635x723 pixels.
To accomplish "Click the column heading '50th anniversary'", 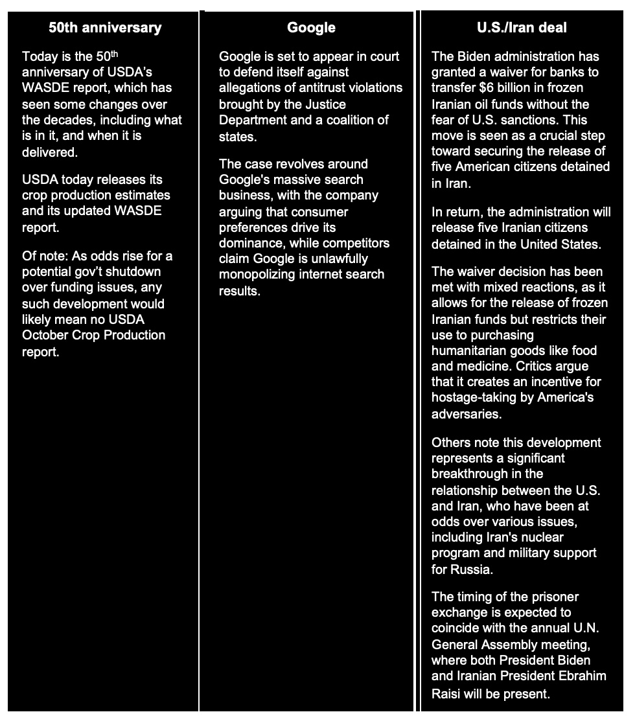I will click(x=105, y=27).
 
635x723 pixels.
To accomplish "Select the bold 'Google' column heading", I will click(x=311, y=27).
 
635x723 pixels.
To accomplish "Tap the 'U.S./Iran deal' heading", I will click(x=522, y=27).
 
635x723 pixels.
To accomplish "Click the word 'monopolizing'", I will click(x=257, y=275).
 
